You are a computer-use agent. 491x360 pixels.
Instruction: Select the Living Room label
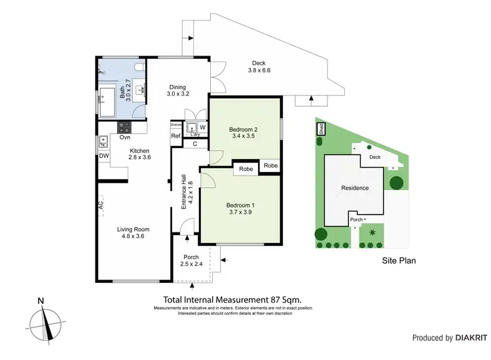point(134,229)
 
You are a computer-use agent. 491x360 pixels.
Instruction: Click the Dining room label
point(178,87)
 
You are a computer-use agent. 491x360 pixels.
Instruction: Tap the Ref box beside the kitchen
point(175,136)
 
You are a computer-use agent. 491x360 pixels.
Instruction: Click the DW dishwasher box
point(103,156)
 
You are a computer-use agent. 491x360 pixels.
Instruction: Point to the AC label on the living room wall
point(101,204)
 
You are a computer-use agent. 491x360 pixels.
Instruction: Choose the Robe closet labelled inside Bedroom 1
point(246,169)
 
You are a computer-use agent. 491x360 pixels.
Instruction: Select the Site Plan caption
point(399,260)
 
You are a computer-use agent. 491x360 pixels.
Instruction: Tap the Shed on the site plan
point(321,130)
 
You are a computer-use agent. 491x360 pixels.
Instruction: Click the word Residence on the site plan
point(354,188)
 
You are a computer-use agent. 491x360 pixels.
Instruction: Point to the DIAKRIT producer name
point(471,338)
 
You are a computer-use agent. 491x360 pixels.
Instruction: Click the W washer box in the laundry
point(202,127)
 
